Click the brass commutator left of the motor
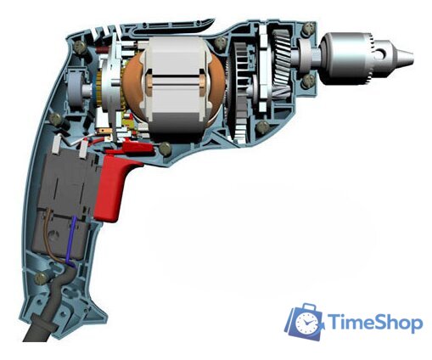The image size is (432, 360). click(109, 88)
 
